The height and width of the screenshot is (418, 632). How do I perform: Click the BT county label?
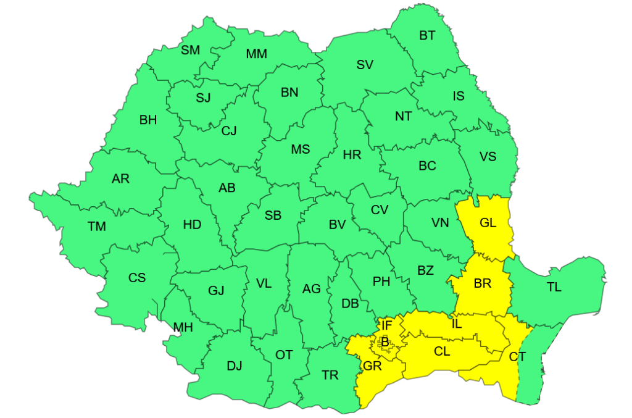click(x=427, y=36)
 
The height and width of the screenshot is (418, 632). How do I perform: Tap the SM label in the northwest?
click(x=191, y=50)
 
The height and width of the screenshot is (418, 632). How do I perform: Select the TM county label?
click(x=96, y=227)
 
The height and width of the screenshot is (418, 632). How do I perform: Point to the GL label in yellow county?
click(x=488, y=223)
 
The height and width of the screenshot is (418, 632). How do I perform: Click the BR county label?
click(x=482, y=283)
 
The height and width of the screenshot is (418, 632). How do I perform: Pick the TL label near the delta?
click(x=554, y=287)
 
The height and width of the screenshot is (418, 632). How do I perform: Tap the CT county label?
click(x=517, y=356)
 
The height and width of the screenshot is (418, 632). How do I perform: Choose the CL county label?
click(x=442, y=352)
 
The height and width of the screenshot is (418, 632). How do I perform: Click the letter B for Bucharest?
click(x=385, y=341)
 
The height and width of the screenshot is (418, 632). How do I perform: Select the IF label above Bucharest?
click(x=386, y=325)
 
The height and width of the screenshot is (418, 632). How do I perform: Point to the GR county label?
click(x=373, y=366)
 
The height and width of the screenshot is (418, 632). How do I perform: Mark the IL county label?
click(x=456, y=323)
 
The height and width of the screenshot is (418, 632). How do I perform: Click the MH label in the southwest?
click(x=183, y=327)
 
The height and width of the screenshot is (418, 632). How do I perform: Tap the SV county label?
click(x=365, y=64)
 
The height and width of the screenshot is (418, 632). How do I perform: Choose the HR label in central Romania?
click(x=352, y=155)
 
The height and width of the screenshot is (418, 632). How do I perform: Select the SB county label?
click(x=273, y=215)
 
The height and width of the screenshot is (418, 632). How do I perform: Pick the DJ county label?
click(x=235, y=366)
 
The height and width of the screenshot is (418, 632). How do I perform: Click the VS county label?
click(x=488, y=156)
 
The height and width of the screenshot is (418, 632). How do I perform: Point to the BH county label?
click(x=148, y=120)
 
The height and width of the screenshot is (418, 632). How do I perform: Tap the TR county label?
click(x=330, y=374)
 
